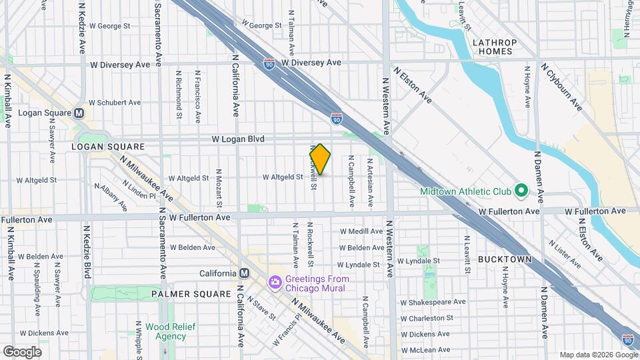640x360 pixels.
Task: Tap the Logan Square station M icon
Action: (79, 113)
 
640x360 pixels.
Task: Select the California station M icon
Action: (244, 273)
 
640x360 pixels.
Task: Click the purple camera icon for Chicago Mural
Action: (274, 284)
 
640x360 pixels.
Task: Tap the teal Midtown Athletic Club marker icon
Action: (521, 192)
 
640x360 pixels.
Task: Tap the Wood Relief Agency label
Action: (166, 331)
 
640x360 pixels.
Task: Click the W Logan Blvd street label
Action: (238, 139)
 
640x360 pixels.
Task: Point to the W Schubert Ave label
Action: (115, 103)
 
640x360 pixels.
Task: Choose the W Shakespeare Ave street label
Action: (432, 302)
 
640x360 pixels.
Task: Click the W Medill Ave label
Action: (361, 231)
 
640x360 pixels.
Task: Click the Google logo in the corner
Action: (22, 351)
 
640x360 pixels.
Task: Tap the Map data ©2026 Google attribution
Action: (598, 355)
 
